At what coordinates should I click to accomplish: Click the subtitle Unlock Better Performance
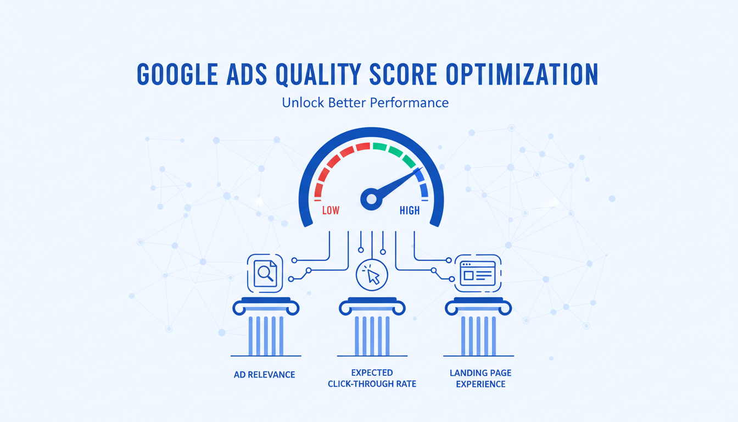tap(365, 103)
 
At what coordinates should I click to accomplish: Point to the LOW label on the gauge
tap(331, 210)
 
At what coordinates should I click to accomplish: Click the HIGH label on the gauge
tap(410, 210)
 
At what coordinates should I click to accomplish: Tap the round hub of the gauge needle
tap(371, 198)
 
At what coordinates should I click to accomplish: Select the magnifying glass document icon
tap(265, 273)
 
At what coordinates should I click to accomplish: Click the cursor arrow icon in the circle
tap(372, 275)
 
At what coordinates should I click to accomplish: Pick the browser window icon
tap(479, 273)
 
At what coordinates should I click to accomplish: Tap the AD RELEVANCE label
tap(264, 375)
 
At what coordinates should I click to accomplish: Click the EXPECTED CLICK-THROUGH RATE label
tap(372, 378)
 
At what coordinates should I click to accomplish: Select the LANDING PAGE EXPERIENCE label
tap(480, 378)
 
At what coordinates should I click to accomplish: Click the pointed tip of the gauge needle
tap(419, 169)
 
